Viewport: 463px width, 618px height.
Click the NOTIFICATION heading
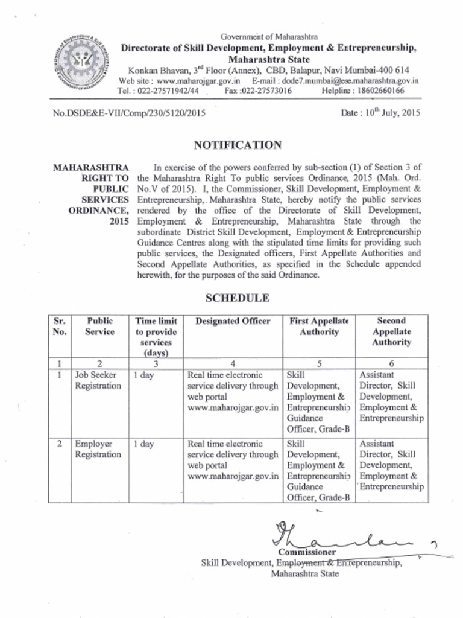(x=237, y=145)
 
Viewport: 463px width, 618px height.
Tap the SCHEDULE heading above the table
(x=237, y=298)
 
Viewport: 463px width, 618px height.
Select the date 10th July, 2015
(x=380, y=112)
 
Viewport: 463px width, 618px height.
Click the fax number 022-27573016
(x=266, y=91)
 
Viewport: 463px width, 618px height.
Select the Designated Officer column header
(x=233, y=321)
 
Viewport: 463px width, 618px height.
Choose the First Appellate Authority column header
(x=320, y=327)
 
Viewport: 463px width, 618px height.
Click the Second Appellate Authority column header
(x=392, y=331)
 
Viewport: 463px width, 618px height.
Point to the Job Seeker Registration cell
(x=98, y=380)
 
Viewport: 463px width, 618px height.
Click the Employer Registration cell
(x=98, y=449)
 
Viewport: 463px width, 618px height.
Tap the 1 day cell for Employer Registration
(x=143, y=444)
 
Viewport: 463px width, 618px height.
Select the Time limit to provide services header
(x=156, y=337)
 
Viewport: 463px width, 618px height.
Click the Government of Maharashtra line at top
(x=269, y=37)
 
